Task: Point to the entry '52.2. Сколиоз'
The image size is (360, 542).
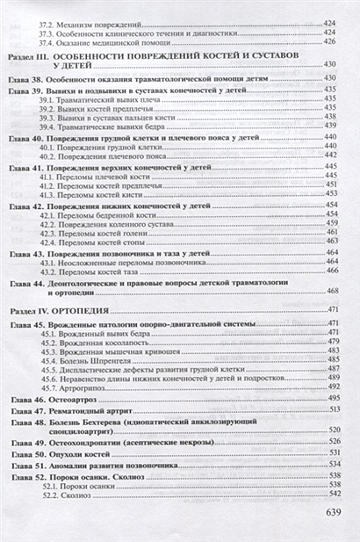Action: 66,495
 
